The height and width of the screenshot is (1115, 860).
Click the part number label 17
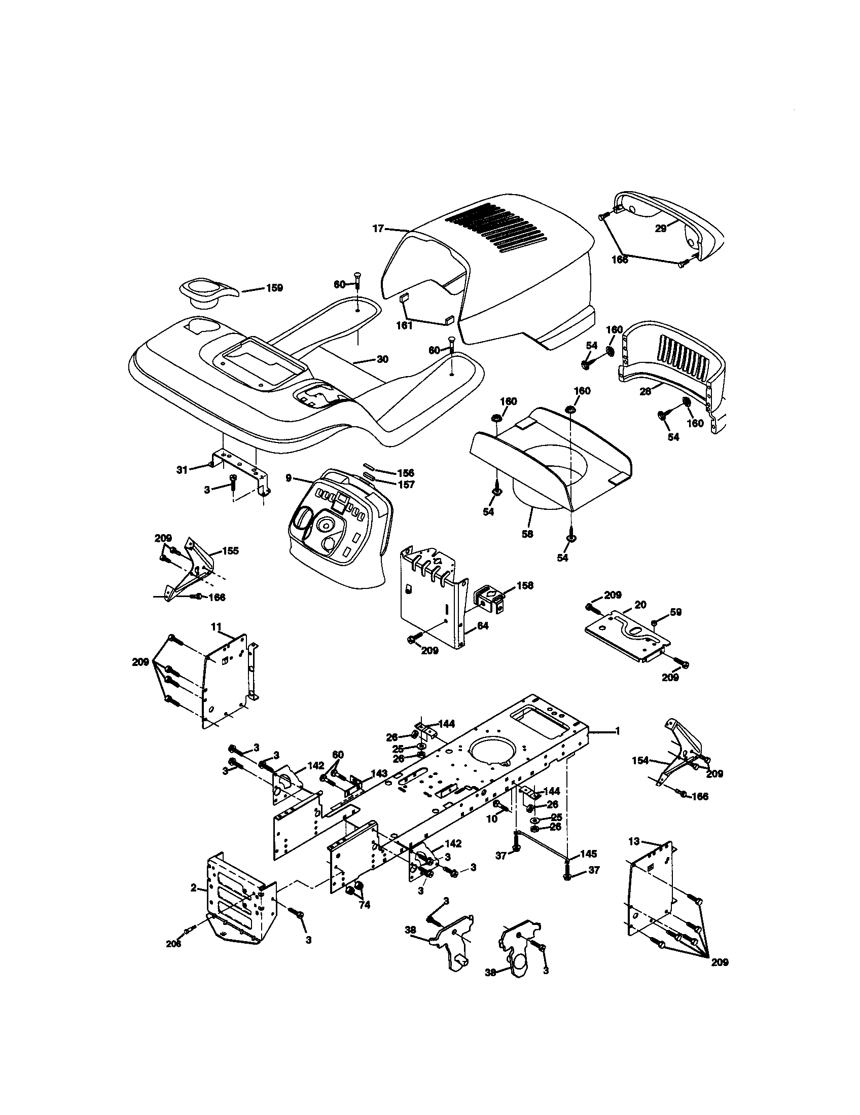pos(378,229)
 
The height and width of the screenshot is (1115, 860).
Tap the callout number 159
pos(274,288)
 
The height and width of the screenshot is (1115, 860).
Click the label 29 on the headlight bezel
pos(661,229)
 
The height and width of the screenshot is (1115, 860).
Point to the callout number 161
pos(405,325)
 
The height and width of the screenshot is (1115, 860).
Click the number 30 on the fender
pos(382,359)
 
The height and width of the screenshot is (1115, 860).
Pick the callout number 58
pos(527,534)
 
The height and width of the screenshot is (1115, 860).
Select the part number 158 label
pos(524,585)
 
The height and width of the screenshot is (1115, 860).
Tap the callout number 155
pos(230,551)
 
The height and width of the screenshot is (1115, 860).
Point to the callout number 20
pos(640,605)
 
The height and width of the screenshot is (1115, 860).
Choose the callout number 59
pos(675,612)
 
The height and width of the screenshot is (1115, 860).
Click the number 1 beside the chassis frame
pos(617,731)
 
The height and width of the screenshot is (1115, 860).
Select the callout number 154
pos(640,775)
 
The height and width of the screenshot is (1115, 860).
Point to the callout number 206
pos(173,944)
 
